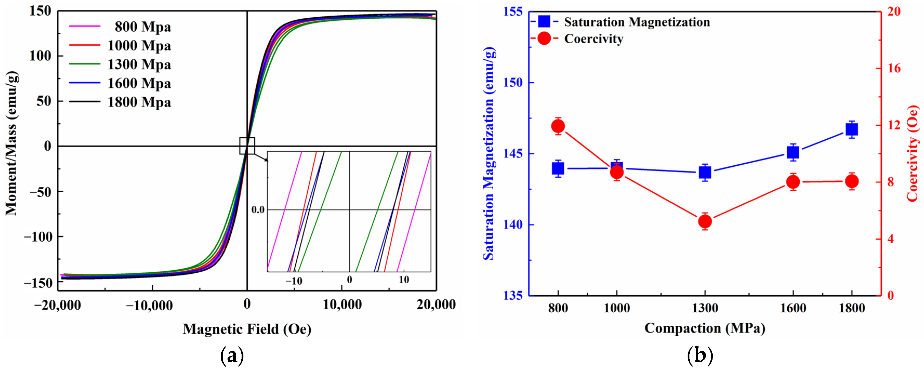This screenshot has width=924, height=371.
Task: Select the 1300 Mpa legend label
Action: pyautogui.click(x=139, y=65)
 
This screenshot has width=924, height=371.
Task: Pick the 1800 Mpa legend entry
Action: pyautogui.click(x=139, y=102)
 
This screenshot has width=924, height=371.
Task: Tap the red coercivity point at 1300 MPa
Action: pyautogui.click(x=705, y=221)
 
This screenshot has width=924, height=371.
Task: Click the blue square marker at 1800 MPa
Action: pyautogui.click(x=852, y=129)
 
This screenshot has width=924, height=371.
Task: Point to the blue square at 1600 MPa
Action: pyautogui.click(x=793, y=152)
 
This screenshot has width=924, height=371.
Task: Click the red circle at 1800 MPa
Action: pyautogui.click(x=852, y=181)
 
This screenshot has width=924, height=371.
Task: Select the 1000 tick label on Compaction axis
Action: pyautogui.click(x=617, y=308)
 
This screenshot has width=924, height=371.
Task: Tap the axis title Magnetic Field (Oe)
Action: pyautogui.click(x=247, y=329)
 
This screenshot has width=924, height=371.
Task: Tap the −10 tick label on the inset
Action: pyautogui.click(x=294, y=281)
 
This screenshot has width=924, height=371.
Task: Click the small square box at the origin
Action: pyautogui.click(x=247, y=146)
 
